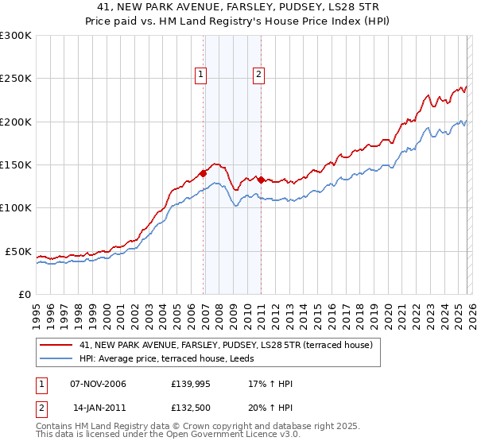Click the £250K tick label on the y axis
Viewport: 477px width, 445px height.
[x=16, y=79]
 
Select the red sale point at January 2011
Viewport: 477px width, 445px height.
[x=262, y=180]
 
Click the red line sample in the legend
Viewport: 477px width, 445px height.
[x=56, y=344]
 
